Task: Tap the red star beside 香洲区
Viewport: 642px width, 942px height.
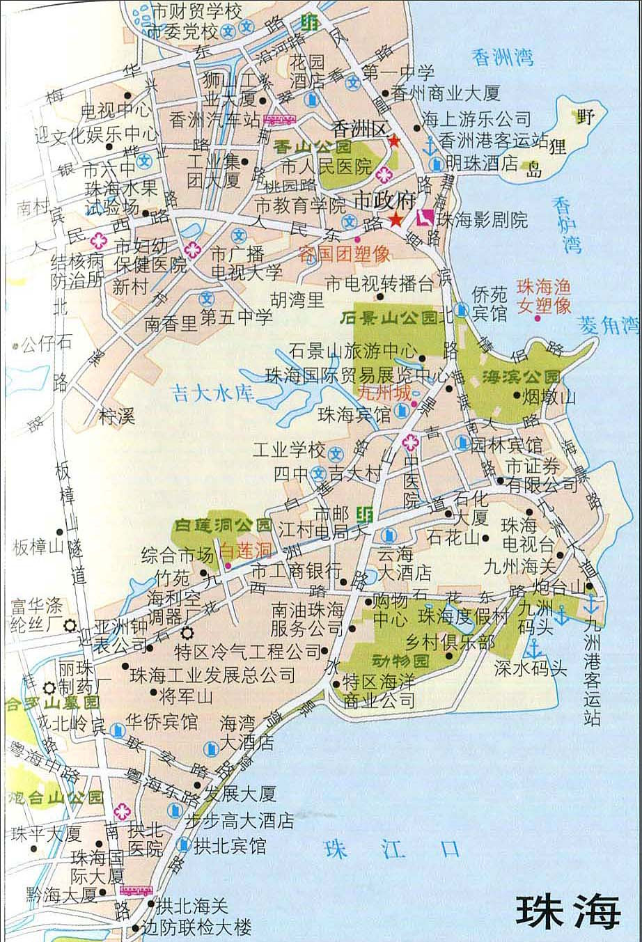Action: [394, 141]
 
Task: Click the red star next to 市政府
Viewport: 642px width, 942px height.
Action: [395, 220]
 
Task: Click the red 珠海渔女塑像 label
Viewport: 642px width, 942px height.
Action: [543, 296]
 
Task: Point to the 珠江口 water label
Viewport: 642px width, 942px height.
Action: [393, 849]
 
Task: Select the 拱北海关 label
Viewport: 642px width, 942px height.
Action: [191, 906]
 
